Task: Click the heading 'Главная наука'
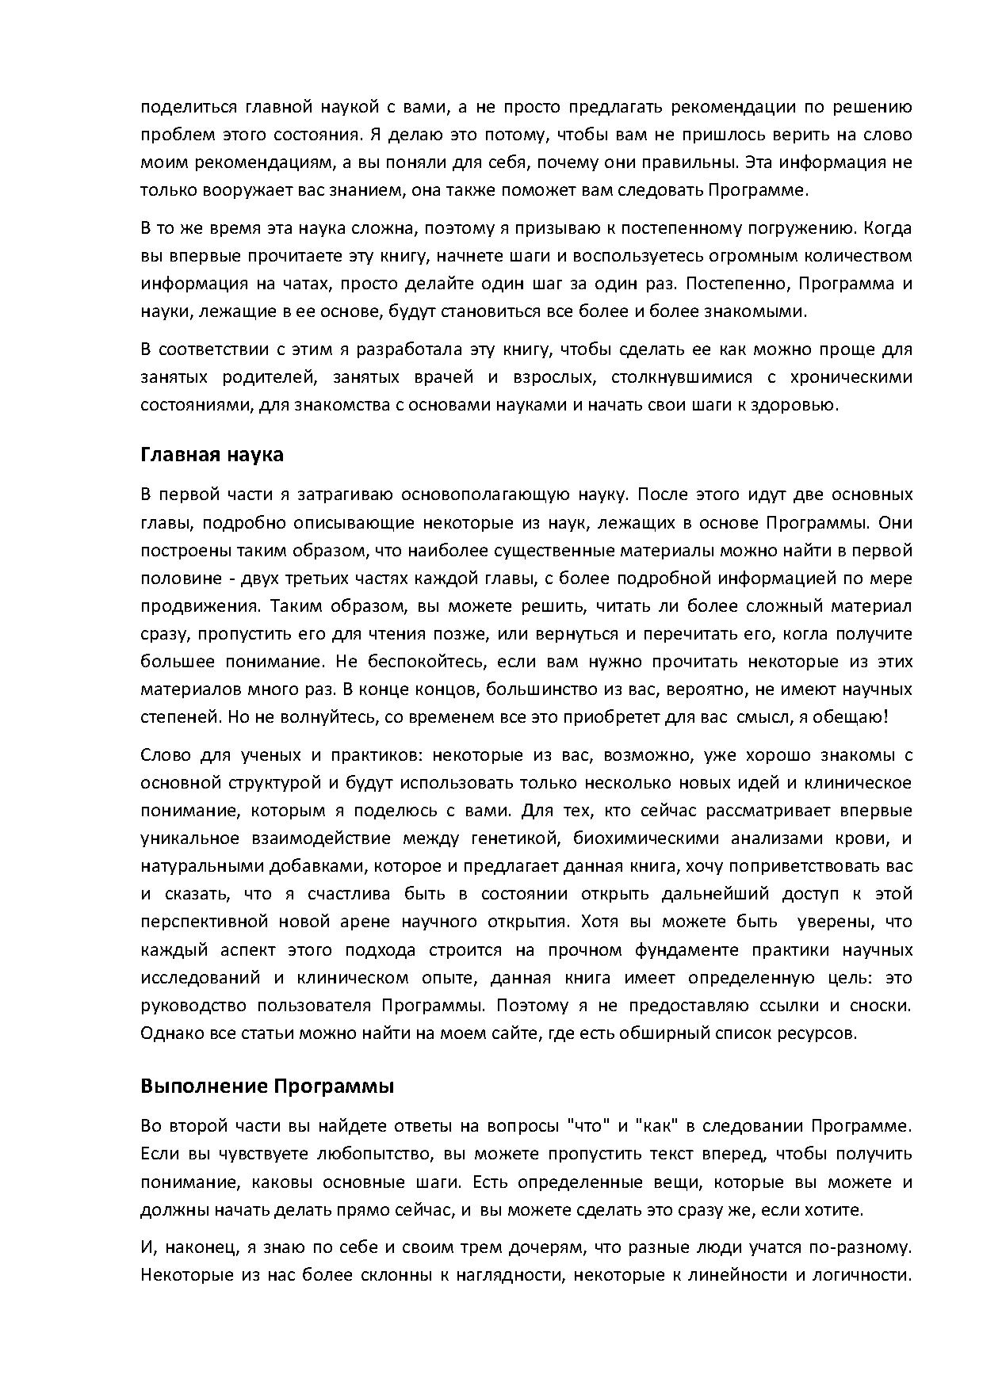(212, 455)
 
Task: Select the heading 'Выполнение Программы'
(267, 1086)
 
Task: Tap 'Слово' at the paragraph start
(162, 754)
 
